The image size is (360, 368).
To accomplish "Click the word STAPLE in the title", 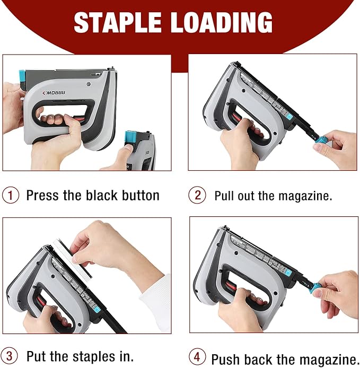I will click(117, 23).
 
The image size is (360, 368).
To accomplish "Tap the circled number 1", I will click(10, 195).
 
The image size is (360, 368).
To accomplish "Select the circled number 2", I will click(197, 195).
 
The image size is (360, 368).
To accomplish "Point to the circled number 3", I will click(10, 355).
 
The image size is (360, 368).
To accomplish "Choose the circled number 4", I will click(197, 358).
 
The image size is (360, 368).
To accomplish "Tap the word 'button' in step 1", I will click(139, 195).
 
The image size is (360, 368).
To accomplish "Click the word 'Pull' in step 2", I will click(224, 195).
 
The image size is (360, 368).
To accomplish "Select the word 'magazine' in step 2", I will click(305, 196).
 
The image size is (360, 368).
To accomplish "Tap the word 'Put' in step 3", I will click(36, 355).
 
